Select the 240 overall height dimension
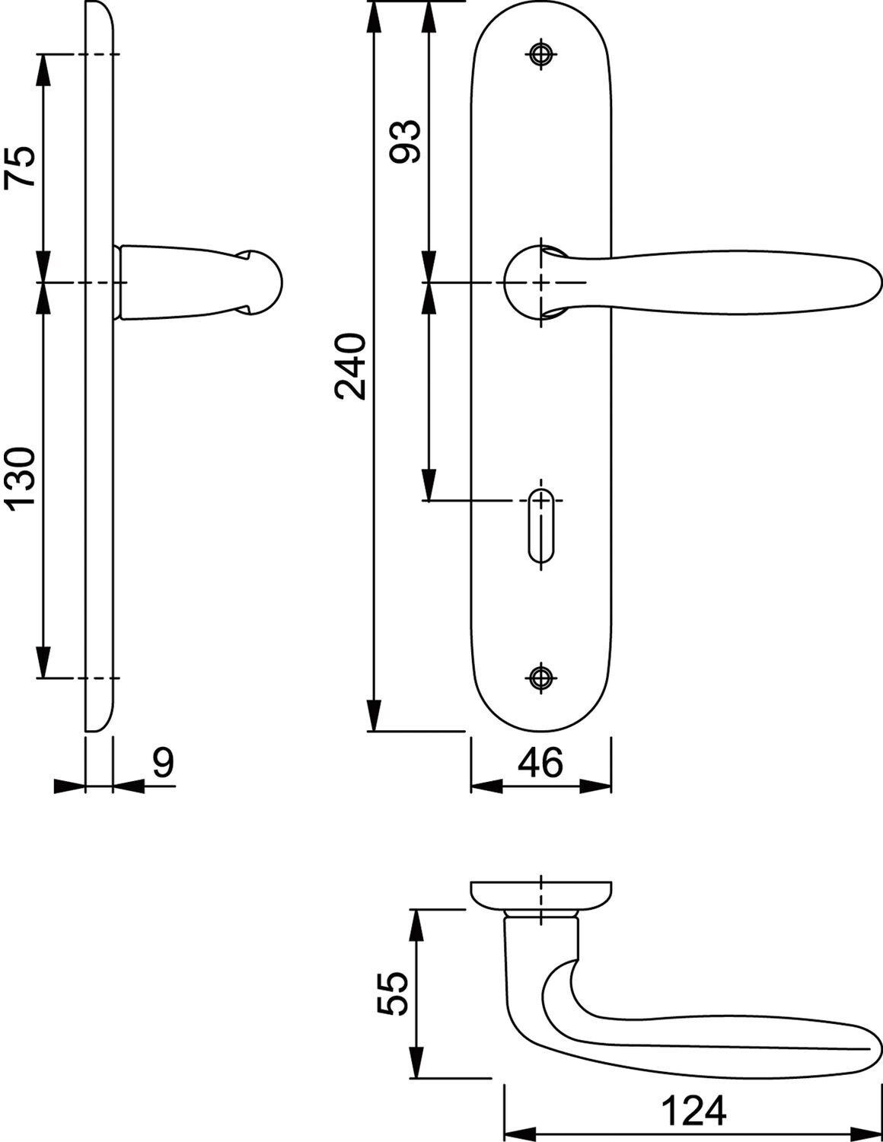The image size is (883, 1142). [x=350, y=366]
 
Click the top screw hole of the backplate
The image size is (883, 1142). [x=541, y=53]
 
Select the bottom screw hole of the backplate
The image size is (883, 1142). [x=541, y=678]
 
